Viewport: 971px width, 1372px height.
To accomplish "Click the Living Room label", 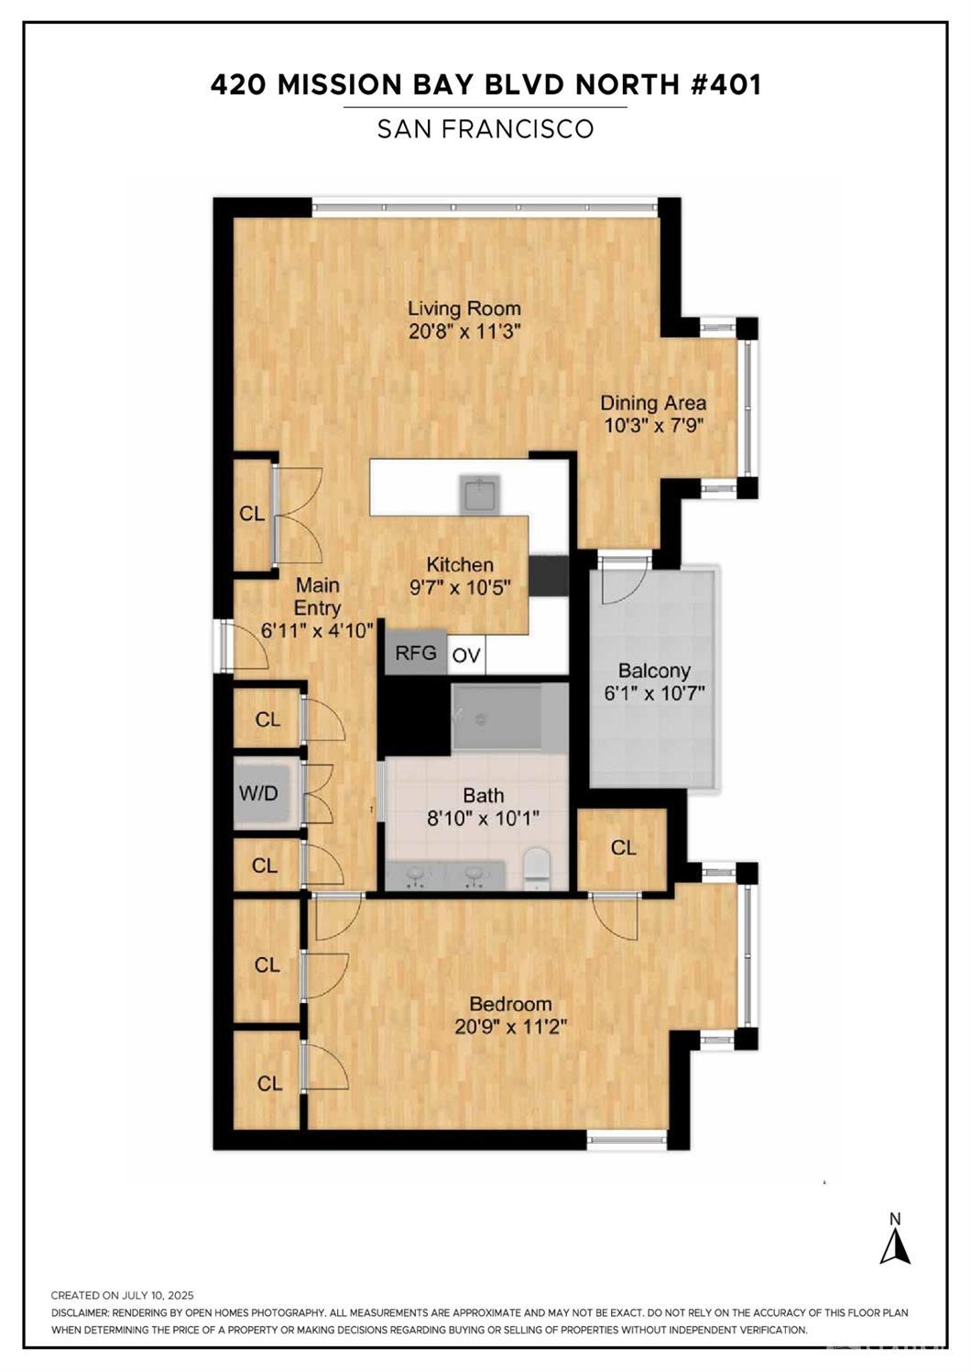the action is [x=464, y=308].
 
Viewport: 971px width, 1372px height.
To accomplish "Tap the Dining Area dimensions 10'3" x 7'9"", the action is [x=653, y=425].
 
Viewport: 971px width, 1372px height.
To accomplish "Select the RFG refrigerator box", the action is [x=415, y=652].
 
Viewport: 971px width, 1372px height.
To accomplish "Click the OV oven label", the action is [x=466, y=656].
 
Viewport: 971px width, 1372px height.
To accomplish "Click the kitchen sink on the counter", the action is [x=480, y=495].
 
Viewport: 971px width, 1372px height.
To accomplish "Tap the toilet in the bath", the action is [x=539, y=867].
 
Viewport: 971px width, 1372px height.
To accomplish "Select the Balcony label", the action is [x=654, y=670].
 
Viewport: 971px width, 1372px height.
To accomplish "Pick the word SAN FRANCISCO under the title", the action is [x=485, y=128].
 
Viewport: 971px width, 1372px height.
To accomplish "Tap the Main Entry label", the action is [x=317, y=596].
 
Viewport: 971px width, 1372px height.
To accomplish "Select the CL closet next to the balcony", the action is [x=623, y=848].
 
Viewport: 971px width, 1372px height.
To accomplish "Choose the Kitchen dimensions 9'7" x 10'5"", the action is [x=460, y=588].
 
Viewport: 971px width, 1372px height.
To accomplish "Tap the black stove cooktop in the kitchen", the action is [x=549, y=576].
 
